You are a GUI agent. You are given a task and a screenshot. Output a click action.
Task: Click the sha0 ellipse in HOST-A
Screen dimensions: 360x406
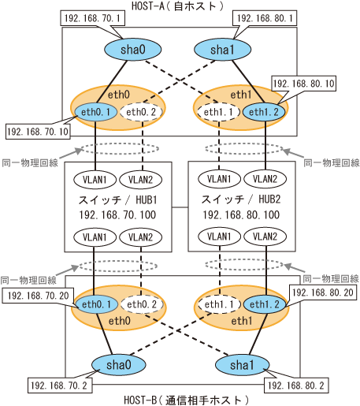[x=133, y=50]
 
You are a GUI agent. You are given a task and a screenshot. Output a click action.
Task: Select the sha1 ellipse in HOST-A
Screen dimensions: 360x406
[x=222, y=50]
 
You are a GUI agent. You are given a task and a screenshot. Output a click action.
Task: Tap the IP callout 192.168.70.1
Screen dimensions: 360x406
[x=92, y=18]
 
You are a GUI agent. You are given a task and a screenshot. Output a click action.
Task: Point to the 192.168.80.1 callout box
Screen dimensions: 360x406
[x=265, y=18]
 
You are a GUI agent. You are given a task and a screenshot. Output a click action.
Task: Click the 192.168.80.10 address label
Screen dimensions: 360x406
[x=303, y=84]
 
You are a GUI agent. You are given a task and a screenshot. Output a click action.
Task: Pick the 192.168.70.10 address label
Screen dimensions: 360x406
[x=38, y=132]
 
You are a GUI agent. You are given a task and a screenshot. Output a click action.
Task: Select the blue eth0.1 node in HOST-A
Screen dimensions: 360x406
[x=95, y=112]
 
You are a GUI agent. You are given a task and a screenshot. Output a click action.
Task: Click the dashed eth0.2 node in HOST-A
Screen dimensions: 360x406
[x=141, y=112]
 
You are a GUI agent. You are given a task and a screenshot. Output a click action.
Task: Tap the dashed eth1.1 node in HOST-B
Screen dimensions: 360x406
[x=219, y=304]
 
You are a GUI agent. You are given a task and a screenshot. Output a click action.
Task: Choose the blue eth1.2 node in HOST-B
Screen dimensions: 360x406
[x=265, y=304]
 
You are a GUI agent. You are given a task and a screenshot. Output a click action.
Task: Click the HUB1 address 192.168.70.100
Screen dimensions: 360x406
[x=117, y=215]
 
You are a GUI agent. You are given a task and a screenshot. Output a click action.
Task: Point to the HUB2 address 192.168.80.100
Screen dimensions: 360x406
[x=241, y=215]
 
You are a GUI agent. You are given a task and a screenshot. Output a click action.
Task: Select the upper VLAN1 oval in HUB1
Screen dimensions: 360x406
[x=95, y=180]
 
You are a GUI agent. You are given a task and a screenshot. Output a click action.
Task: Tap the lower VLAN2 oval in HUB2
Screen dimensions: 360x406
[x=265, y=237]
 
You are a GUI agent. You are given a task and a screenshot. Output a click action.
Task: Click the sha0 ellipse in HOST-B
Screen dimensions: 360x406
[x=119, y=365]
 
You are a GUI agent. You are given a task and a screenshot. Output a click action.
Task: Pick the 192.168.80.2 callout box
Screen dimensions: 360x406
[x=296, y=386]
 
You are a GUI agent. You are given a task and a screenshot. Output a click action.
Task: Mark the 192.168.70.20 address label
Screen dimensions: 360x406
[x=39, y=296]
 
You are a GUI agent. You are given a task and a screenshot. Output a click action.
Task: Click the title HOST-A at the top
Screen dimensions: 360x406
[x=148, y=6]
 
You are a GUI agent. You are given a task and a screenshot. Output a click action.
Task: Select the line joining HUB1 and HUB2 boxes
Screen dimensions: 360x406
[x=180, y=207]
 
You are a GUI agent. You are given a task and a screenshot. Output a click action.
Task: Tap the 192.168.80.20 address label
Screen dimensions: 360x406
[x=323, y=292]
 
